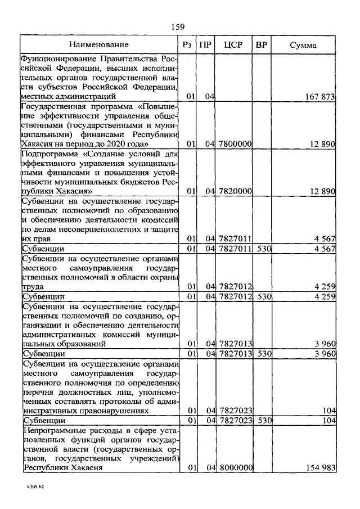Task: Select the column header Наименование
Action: (99, 44)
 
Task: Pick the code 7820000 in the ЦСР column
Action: (235, 191)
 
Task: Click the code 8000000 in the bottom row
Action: (235, 468)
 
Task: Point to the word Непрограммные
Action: (51, 430)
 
